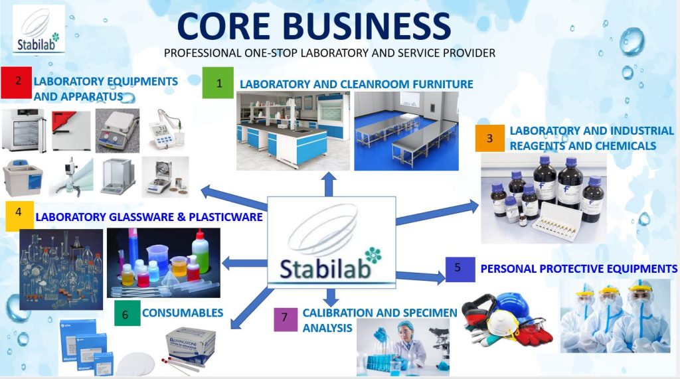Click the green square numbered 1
pos(218,82)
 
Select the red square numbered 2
pos(17,82)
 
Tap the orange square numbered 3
pos(489,138)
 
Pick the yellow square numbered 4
pos(20,216)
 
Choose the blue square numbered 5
pos(460,269)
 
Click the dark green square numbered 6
pos(127,313)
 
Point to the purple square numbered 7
pos(286,319)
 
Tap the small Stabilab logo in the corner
pos(39,29)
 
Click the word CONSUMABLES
pos(183,313)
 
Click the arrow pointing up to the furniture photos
pos(329,185)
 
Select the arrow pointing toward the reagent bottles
pos(437,213)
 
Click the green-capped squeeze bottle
pos(200,253)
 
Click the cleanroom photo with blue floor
pos(406,131)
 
